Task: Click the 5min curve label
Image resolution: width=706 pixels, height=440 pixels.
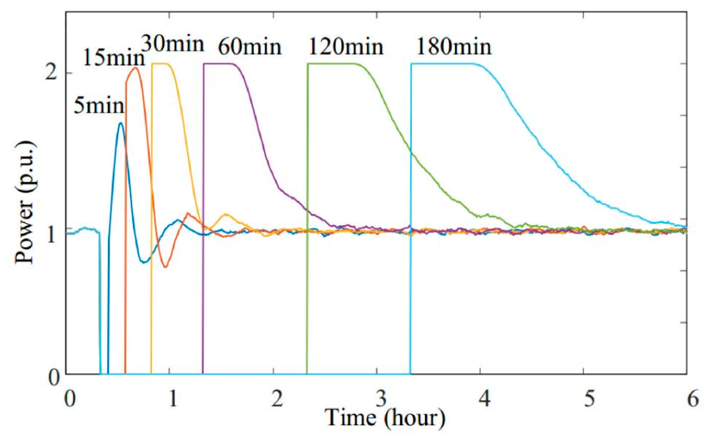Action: (99, 106)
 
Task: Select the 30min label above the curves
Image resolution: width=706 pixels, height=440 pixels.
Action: (173, 43)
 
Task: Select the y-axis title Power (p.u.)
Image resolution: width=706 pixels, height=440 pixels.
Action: (25, 202)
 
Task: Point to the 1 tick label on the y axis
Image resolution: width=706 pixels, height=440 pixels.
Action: (52, 235)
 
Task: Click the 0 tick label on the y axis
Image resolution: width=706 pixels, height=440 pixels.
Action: (53, 377)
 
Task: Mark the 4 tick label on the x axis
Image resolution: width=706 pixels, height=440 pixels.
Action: (484, 398)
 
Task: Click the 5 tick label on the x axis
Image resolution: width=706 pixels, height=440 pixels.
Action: (589, 398)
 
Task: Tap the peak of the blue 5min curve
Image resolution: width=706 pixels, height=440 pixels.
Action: (120, 123)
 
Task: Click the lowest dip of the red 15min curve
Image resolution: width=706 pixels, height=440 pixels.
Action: (165, 267)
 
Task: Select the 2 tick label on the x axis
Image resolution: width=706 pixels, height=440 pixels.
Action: (277, 398)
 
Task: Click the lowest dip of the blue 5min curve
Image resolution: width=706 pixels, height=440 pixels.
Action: (143, 262)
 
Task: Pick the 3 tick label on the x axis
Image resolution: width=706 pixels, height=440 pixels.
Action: (381, 398)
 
